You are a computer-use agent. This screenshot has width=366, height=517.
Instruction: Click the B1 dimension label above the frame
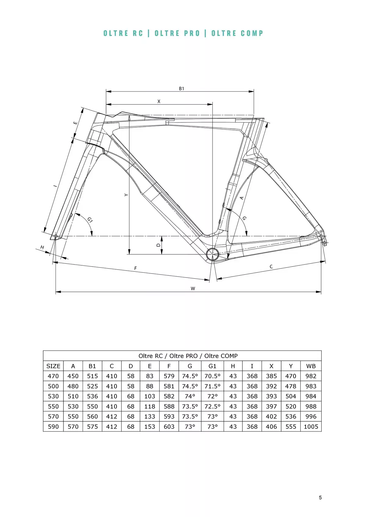click(x=181, y=89)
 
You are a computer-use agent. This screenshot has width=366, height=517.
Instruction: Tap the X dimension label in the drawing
click(x=159, y=101)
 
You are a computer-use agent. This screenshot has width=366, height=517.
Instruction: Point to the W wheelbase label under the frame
click(x=193, y=289)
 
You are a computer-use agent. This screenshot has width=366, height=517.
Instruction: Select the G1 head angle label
click(x=90, y=220)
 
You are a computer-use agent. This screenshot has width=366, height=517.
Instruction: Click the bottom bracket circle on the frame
click(x=212, y=254)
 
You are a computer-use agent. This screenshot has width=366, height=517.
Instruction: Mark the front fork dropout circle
click(x=56, y=236)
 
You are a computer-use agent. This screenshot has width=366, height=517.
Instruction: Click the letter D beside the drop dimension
click(x=158, y=245)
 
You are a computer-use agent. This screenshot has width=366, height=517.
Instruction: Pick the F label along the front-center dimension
click(x=136, y=268)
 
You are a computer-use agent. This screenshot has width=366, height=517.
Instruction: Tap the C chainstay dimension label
click(x=271, y=267)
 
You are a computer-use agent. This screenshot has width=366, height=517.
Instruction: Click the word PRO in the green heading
click(x=192, y=33)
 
